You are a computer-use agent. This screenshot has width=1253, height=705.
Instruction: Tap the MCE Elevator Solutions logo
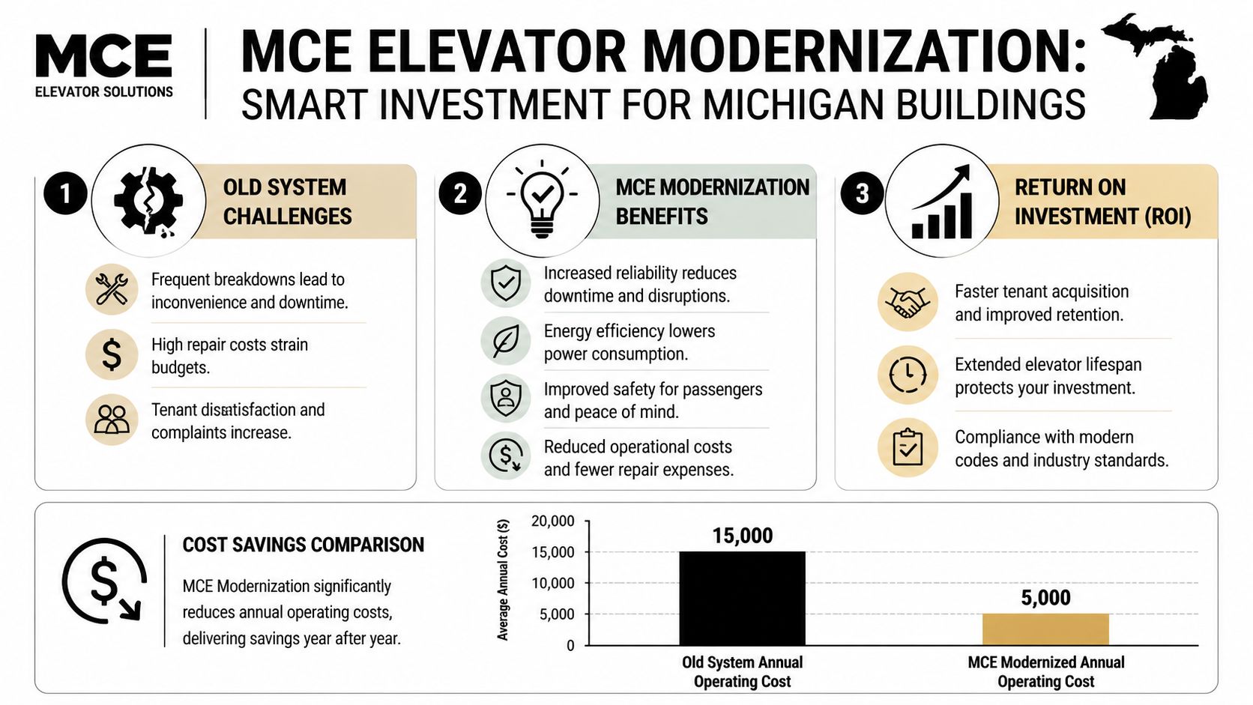tap(103, 66)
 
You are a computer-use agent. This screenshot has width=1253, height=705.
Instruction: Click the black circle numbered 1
tap(65, 193)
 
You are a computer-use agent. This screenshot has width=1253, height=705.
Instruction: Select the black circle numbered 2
tap(459, 193)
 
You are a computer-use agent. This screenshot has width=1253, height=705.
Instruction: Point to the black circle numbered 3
tap(862, 193)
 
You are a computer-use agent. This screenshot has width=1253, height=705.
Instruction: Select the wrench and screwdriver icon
tap(112, 289)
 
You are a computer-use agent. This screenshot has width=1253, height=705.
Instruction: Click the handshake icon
tap(908, 302)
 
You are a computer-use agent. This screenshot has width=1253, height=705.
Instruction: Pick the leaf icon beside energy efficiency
tap(506, 341)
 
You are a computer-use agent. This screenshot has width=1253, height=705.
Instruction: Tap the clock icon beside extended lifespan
tap(908, 375)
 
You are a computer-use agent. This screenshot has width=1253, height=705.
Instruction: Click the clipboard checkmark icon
tap(908, 447)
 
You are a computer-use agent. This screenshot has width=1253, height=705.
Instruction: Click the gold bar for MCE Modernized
tap(1045, 629)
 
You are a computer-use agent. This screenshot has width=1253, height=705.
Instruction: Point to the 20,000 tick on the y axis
tap(553, 521)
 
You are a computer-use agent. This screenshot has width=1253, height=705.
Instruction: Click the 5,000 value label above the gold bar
tap(1045, 598)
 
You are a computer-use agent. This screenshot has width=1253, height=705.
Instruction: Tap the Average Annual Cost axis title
tap(503, 580)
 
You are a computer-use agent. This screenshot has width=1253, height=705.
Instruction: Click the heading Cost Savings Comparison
tap(303, 545)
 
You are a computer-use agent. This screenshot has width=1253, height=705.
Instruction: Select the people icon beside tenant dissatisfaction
tap(112, 420)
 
